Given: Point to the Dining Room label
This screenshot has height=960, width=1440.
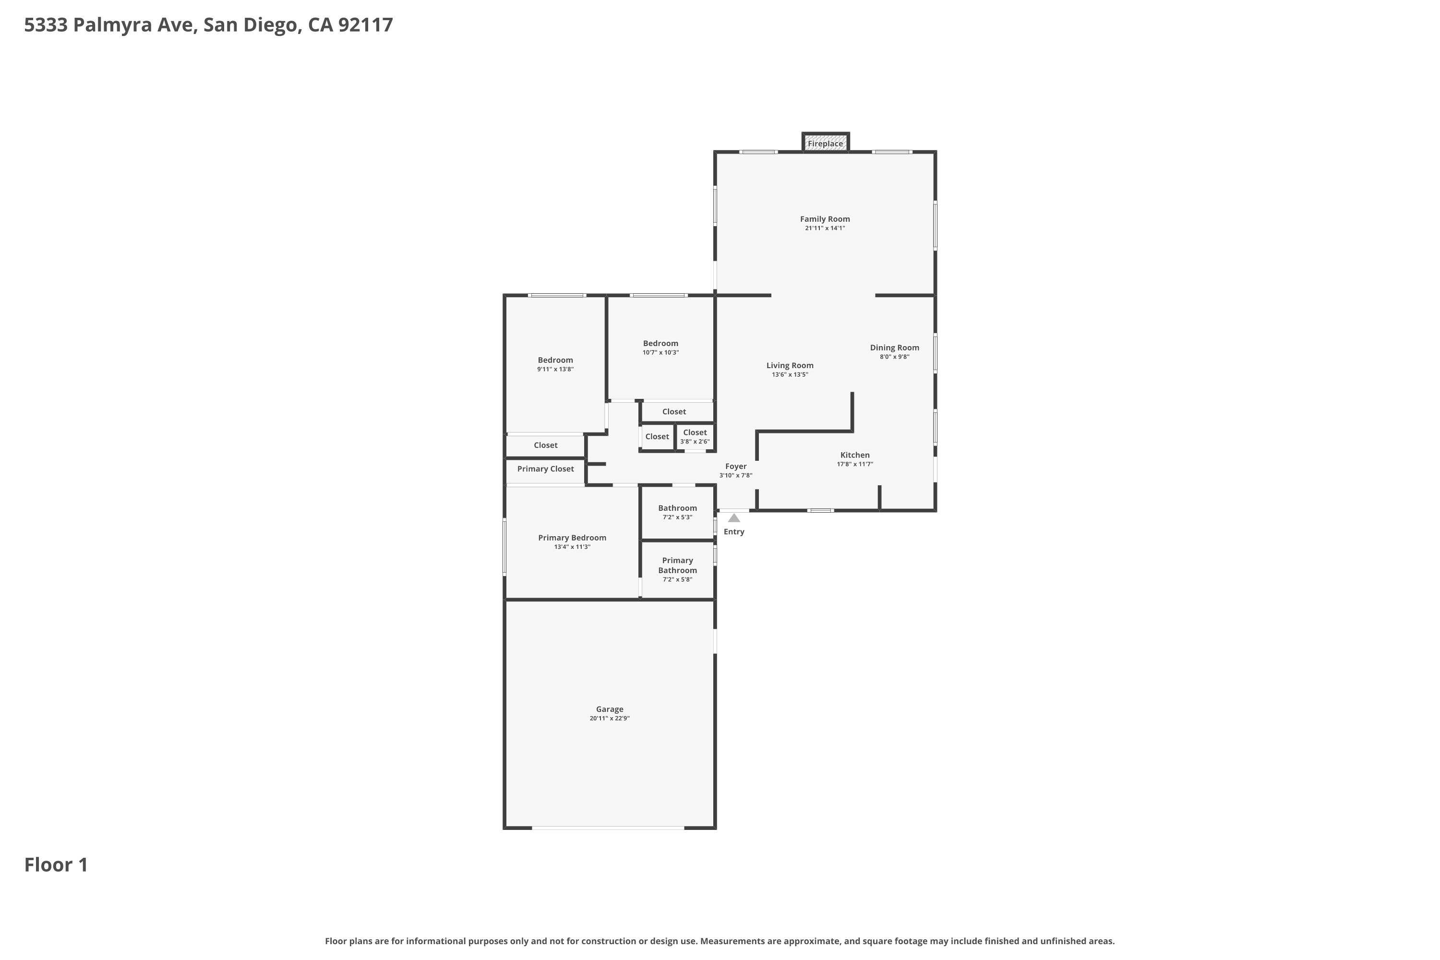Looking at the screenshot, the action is tap(895, 348).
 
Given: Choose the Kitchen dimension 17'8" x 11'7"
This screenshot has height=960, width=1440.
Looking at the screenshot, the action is tap(855, 464).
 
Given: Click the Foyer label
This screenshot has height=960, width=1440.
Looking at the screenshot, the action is tap(736, 467).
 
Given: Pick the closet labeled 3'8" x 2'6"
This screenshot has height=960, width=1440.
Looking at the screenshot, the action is tap(695, 436).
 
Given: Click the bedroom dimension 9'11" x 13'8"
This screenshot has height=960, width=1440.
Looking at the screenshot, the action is tap(555, 369).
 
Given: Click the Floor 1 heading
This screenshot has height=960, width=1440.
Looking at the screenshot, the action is tap(56, 864).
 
